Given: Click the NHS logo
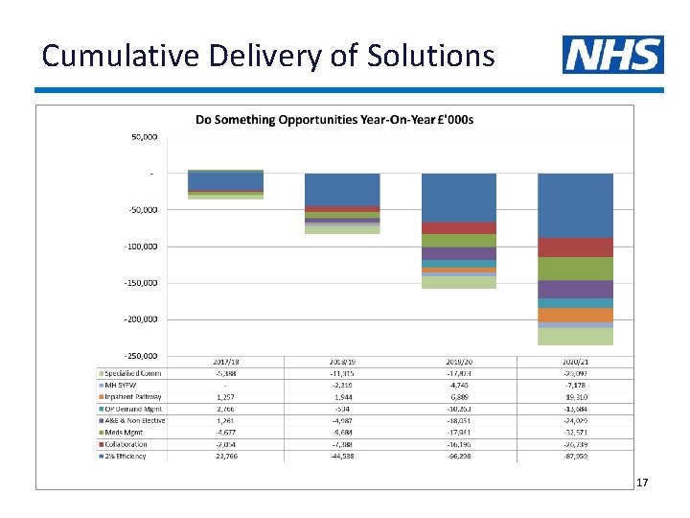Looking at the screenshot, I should (x=612, y=55).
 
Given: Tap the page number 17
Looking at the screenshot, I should (x=642, y=483).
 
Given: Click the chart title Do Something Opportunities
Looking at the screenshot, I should (x=334, y=120).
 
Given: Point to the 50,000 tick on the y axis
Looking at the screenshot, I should (x=145, y=137).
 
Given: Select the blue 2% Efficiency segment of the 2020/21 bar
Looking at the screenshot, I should (x=575, y=205).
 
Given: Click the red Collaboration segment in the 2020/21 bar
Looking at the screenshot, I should (x=575, y=247).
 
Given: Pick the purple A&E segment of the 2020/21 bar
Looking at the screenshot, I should (x=575, y=289).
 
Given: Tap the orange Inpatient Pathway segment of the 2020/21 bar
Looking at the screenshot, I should (x=575, y=315).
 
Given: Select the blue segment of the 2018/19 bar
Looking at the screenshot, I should (x=342, y=189).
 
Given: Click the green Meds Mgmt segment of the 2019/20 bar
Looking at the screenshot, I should (x=459, y=241).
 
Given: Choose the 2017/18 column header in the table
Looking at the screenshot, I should (x=225, y=363).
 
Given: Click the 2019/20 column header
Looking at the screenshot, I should (x=459, y=363).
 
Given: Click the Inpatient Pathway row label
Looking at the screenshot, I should (x=132, y=397).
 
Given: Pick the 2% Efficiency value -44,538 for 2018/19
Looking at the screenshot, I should (x=342, y=456).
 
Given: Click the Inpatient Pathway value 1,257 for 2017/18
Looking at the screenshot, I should (x=225, y=397).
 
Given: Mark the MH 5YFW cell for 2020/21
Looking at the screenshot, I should (x=575, y=386).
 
